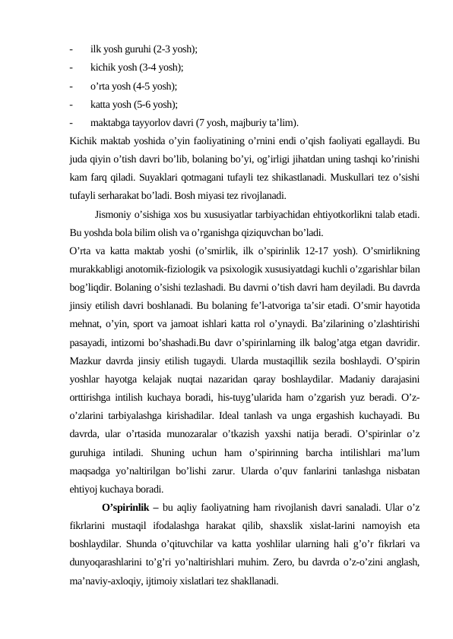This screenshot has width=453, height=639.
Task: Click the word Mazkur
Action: click(85, 360)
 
